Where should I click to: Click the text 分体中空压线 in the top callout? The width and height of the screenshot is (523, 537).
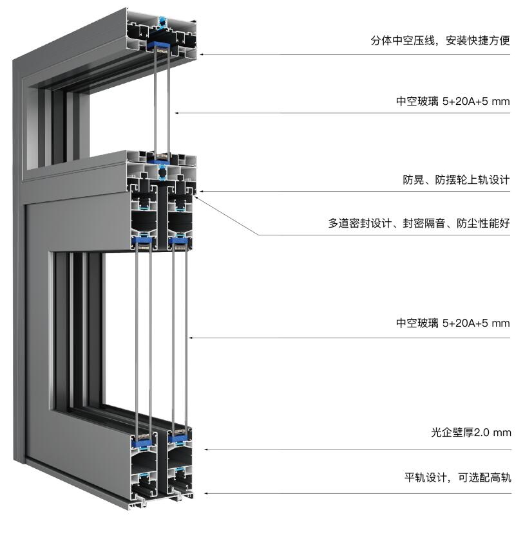[403, 41]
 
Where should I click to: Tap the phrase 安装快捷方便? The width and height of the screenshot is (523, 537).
[478, 41]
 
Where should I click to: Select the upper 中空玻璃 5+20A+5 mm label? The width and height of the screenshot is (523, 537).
[453, 102]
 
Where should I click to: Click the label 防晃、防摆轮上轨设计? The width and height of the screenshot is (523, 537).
[456, 179]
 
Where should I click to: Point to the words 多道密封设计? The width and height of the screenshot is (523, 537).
[360, 223]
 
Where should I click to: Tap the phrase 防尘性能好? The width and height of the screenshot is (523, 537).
[483, 223]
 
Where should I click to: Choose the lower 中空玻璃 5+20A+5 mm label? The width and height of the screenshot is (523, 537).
[453, 323]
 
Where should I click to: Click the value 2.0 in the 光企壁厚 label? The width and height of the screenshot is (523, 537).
[482, 433]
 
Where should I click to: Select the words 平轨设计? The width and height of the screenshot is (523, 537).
[425, 477]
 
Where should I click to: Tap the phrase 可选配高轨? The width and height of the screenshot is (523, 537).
[484, 477]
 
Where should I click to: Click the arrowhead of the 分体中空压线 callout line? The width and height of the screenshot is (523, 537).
[202, 54]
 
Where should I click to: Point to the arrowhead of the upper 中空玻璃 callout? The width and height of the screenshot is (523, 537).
[177, 113]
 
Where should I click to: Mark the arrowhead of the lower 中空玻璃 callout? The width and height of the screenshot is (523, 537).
[191, 338]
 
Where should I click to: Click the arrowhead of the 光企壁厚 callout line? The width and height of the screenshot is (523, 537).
[207, 450]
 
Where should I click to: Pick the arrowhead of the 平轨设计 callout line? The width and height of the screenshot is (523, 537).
[207, 493]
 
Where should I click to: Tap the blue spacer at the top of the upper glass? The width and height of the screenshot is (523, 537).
[161, 44]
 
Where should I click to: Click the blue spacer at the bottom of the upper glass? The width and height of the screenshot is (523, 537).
[160, 161]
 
